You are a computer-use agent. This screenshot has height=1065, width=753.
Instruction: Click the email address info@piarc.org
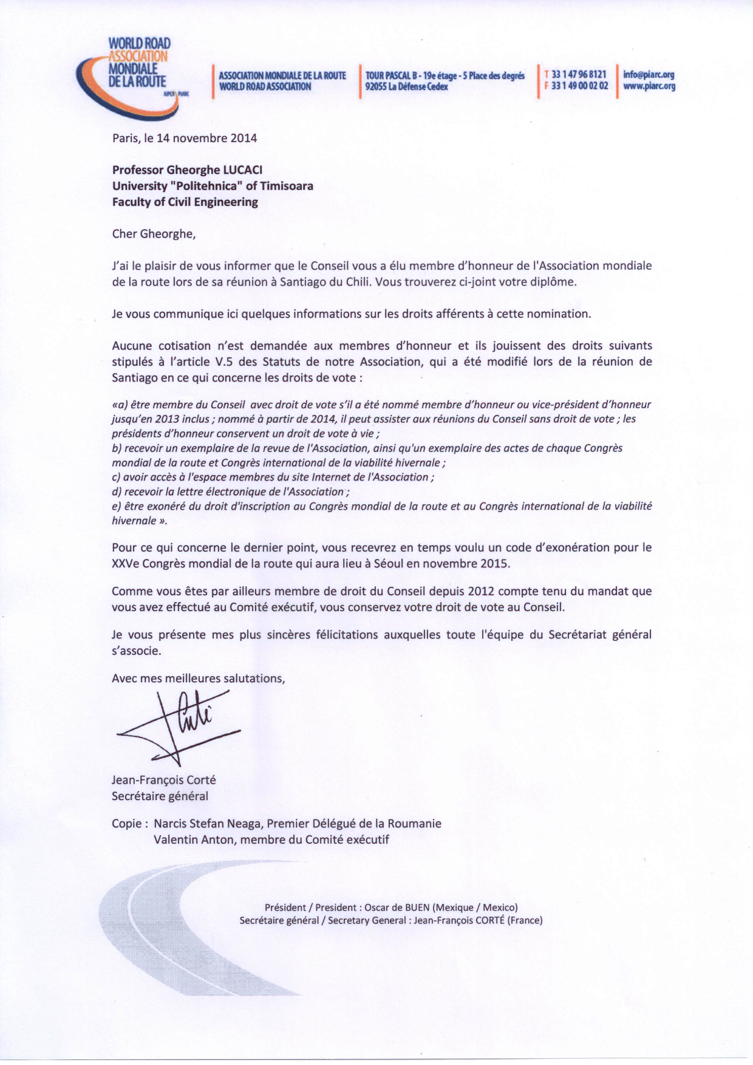click(x=649, y=75)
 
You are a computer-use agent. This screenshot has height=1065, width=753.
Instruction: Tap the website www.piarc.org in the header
click(x=649, y=86)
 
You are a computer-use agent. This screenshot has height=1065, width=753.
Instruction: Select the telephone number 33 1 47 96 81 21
click(x=579, y=75)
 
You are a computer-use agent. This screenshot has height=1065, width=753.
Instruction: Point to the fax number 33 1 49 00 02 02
click(x=579, y=86)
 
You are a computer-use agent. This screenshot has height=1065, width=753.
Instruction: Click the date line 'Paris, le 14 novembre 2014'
click(x=185, y=138)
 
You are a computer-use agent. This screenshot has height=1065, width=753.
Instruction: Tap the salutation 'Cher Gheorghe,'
click(x=154, y=234)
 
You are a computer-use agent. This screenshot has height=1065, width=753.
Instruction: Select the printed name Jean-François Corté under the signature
click(x=164, y=780)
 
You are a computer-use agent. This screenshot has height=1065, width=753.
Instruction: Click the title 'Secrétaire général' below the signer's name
click(x=160, y=796)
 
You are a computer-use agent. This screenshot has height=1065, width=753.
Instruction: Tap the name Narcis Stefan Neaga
click(x=207, y=824)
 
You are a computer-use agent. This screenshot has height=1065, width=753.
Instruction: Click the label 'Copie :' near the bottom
click(x=130, y=824)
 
